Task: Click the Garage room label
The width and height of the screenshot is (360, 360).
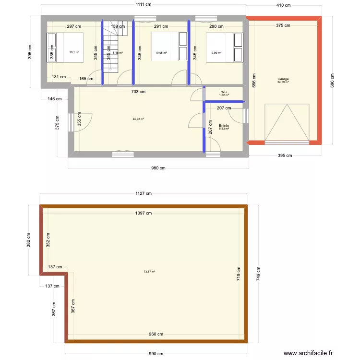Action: (x=283, y=79)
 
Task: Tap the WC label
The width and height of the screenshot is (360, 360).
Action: (x=224, y=92)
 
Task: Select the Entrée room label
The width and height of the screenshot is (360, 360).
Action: (x=224, y=126)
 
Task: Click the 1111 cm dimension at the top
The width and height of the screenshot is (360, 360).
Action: (x=144, y=4)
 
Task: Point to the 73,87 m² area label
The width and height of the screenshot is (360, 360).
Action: (x=149, y=272)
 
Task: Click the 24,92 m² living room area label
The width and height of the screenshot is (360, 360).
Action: (x=139, y=119)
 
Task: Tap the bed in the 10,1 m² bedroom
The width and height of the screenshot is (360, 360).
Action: (x=65, y=48)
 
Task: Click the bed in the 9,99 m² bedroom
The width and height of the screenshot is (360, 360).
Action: (x=224, y=48)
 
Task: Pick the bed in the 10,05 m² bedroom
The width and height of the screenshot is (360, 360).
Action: (x=168, y=48)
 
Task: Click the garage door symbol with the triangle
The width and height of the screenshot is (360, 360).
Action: (x=287, y=123)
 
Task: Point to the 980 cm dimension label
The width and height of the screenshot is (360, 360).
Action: (x=158, y=168)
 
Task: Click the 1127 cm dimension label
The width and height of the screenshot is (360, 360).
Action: (x=144, y=193)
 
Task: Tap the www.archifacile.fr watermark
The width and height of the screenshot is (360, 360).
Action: (x=308, y=353)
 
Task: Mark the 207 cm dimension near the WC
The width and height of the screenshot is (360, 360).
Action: (x=224, y=108)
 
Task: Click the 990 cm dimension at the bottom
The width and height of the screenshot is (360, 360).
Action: (x=156, y=354)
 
